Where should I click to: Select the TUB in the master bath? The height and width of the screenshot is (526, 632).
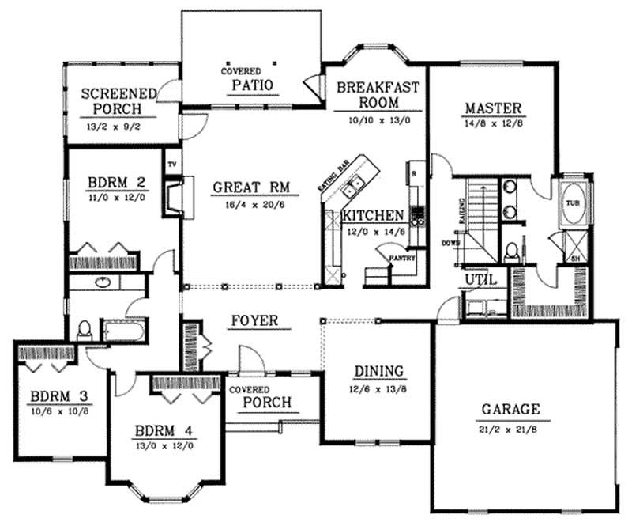point(571,202)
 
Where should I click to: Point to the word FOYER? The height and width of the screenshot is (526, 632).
point(254,321)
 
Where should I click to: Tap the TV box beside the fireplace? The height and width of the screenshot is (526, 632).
point(171,165)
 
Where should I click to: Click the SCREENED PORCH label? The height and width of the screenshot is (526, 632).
point(111,101)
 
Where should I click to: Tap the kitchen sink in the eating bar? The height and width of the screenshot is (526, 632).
point(356,184)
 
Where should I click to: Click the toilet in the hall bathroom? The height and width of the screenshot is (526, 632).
point(85,328)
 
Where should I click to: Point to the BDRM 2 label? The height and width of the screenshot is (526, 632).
point(111,187)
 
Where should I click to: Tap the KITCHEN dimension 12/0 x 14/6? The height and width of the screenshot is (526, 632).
point(374,232)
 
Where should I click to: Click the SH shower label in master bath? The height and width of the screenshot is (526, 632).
point(572,257)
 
